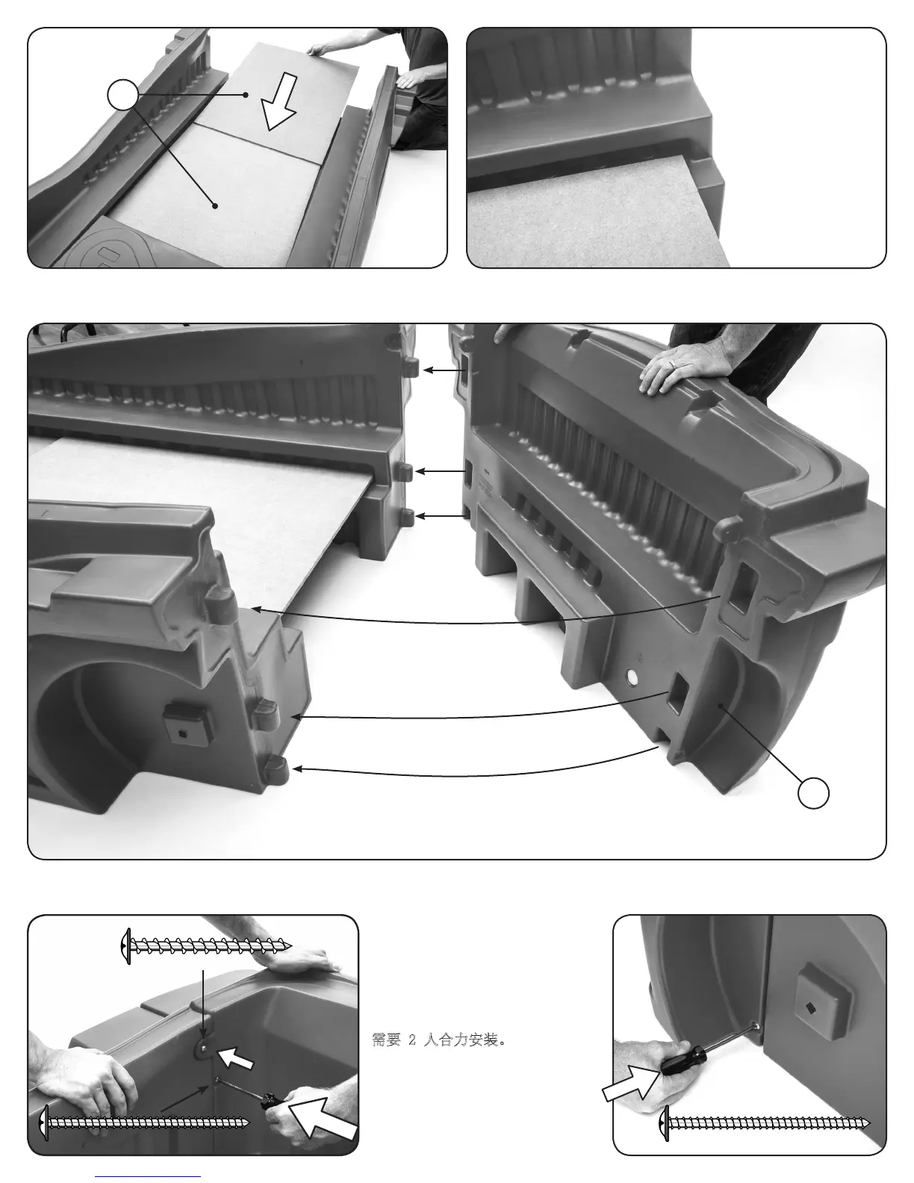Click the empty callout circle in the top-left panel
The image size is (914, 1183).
click(122, 95)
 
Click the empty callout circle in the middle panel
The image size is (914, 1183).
click(813, 792)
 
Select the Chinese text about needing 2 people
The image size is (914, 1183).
click(439, 1040)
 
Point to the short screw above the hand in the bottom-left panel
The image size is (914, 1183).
click(206, 946)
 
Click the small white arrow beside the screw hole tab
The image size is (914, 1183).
click(235, 1057)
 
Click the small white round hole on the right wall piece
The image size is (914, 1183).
click(632, 677)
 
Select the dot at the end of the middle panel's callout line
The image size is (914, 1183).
click(720, 706)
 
